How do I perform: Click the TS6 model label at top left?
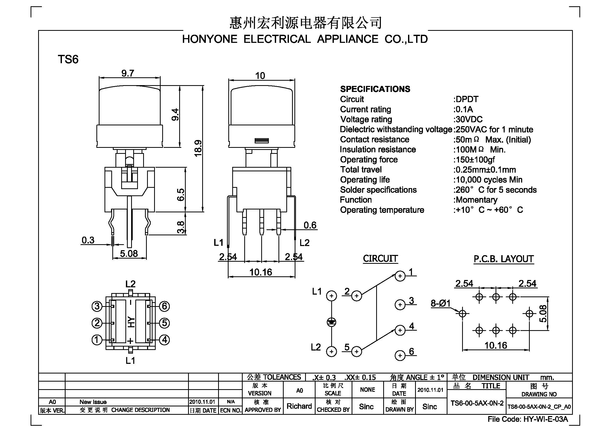68,59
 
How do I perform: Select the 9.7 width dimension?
128,73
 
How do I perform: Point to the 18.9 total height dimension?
198,148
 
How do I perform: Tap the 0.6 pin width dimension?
310,225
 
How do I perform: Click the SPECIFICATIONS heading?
375,89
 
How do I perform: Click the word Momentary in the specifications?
477,200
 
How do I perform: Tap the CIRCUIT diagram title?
380,259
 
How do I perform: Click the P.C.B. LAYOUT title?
503,259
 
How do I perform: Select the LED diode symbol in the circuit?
331,322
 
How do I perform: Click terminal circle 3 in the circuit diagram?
400,305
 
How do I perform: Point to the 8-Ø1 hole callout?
441,303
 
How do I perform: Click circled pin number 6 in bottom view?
165,306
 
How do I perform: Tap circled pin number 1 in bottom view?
97,340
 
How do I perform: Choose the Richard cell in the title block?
299,406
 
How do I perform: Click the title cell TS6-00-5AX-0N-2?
477,403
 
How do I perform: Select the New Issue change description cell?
93,402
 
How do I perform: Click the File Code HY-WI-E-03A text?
528,419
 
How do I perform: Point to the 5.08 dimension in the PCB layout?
543,314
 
